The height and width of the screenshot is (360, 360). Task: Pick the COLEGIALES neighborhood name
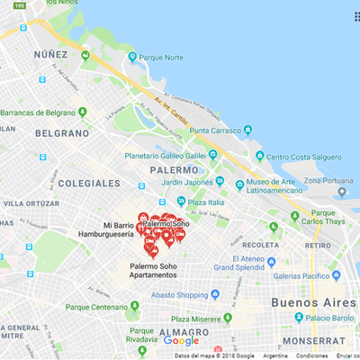click(x=89, y=183)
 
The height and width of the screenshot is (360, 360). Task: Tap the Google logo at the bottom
click(x=181, y=340)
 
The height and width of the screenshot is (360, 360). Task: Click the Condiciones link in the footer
click(x=311, y=355)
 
